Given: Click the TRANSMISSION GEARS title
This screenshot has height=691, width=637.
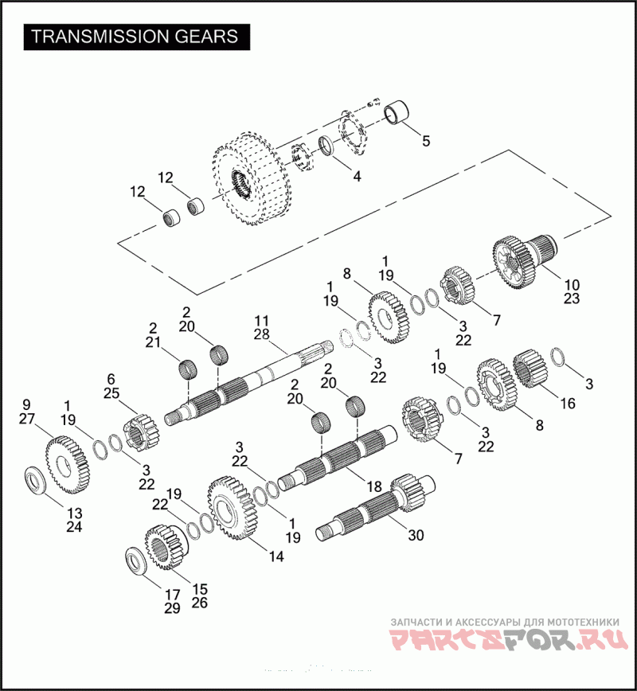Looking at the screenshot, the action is (x=135, y=37).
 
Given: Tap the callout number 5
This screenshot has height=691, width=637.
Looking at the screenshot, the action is (x=426, y=141).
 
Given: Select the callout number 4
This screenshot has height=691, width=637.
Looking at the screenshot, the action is (x=357, y=177).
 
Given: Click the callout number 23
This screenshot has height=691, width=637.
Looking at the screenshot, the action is (x=572, y=299).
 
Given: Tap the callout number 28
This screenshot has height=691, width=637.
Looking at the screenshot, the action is (x=263, y=334).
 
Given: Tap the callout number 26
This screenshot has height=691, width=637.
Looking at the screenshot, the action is (x=200, y=603).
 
